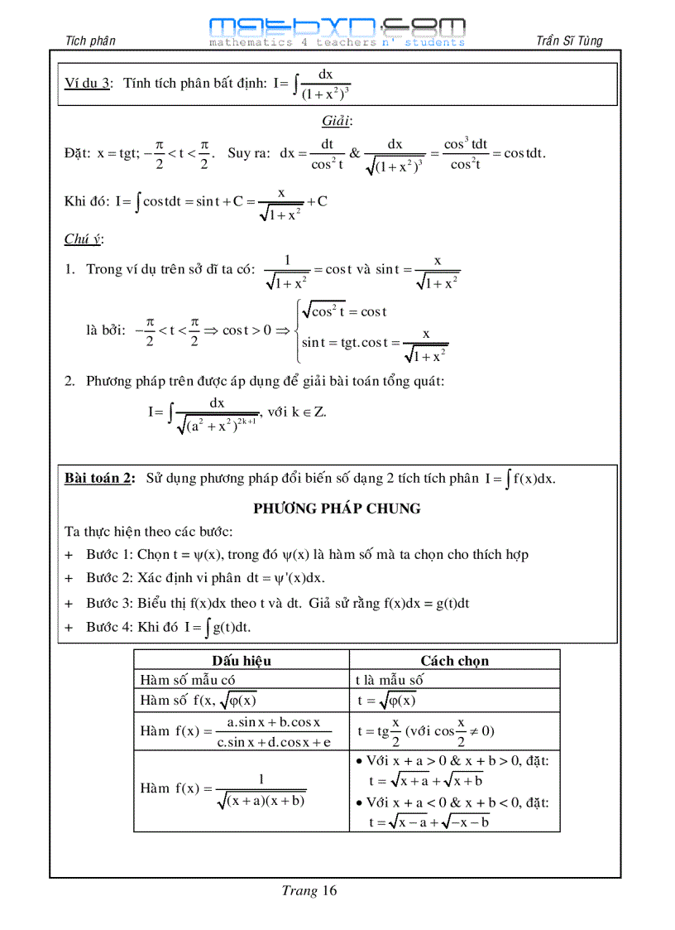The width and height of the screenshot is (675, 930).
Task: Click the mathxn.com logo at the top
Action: (x=337, y=27)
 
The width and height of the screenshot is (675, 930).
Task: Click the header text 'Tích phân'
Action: (x=90, y=41)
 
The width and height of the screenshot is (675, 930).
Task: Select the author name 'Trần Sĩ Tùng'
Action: (x=569, y=41)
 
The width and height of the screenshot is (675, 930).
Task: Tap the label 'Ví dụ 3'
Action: (x=88, y=84)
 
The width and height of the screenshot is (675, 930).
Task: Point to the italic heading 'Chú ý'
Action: (x=84, y=239)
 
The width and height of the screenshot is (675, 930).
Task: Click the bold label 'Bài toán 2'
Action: (x=100, y=479)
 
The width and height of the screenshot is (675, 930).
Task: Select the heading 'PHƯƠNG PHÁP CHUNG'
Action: (x=337, y=508)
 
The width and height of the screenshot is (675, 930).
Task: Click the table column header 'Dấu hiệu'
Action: (x=241, y=661)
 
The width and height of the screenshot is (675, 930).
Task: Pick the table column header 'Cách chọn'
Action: (x=454, y=661)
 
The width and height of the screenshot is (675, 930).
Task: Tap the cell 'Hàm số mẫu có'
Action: (x=189, y=680)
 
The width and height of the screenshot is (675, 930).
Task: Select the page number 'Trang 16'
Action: (x=309, y=891)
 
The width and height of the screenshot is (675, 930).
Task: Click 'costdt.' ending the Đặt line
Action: (x=524, y=153)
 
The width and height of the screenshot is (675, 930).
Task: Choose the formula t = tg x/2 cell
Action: (x=425, y=730)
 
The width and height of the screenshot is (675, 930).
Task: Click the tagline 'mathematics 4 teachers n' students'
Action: (x=337, y=42)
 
